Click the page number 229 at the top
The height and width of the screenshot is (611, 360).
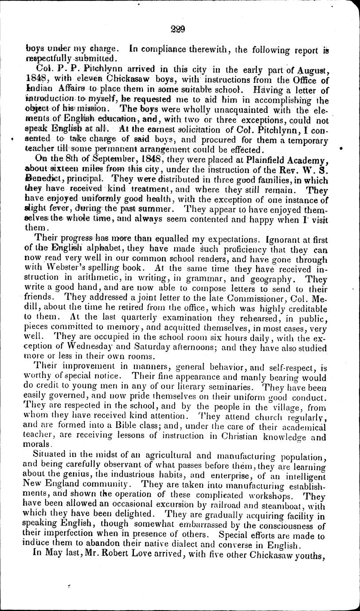coord(180,30)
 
